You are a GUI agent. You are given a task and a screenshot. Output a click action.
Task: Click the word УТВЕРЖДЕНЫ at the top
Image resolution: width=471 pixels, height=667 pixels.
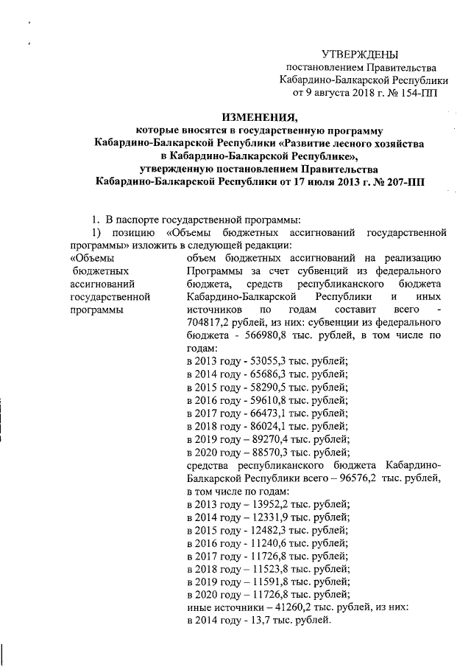click(360, 55)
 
